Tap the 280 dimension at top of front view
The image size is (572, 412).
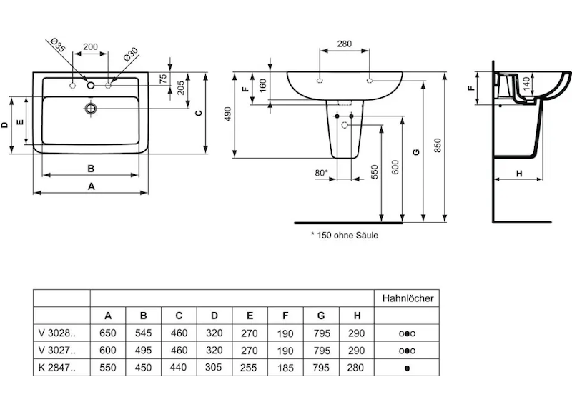tap(344, 44)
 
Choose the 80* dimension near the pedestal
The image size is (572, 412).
tap(321, 172)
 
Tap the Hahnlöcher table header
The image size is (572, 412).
tap(408, 298)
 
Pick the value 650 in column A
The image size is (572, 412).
tap(108, 333)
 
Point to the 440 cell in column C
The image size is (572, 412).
tap(178, 368)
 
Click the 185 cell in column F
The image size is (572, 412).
tap(285, 368)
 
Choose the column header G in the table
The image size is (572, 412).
tap(320, 316)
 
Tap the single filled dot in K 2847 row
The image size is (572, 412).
tap(408, 368)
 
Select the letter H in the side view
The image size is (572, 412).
tap(519, 173)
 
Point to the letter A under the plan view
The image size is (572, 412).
tap(91, 186)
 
